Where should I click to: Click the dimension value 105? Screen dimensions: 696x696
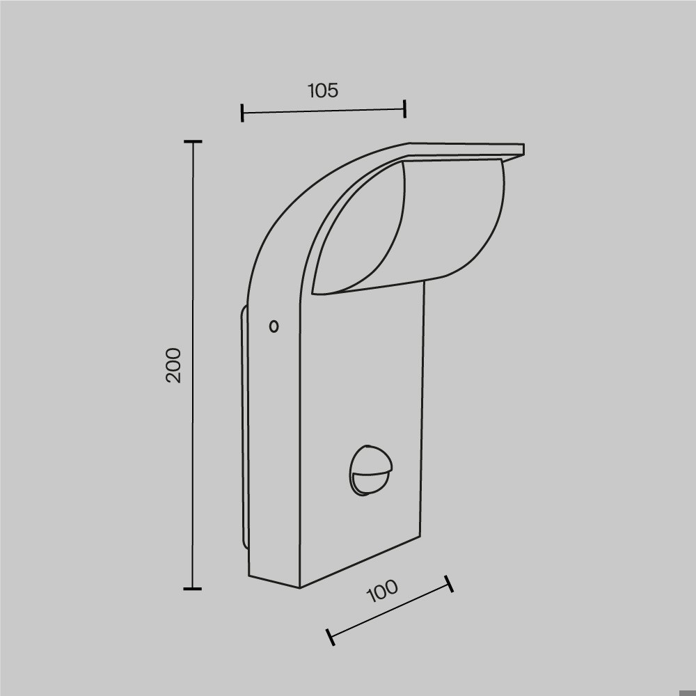323,90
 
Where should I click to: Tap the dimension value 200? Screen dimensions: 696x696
173,365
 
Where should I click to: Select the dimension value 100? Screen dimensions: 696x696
382,591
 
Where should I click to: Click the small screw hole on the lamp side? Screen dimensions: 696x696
274,326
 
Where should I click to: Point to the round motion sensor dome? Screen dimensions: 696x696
370,470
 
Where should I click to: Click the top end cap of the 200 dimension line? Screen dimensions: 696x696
193,141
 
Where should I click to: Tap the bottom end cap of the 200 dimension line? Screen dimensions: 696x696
193,589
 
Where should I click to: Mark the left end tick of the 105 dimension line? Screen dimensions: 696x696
242,113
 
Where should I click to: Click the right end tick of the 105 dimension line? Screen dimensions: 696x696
405,109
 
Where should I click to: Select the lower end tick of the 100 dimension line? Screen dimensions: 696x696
330,637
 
